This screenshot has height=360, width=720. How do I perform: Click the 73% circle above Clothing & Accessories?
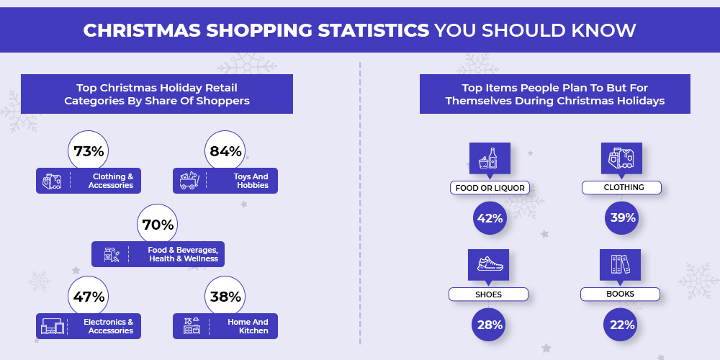[88, 151]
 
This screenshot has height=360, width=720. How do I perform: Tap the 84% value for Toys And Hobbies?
[225, 151]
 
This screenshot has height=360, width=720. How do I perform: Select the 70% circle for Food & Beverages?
[158, 225]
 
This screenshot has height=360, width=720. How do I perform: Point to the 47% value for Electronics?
[88, 297]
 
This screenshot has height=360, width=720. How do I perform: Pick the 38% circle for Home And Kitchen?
[225, 297]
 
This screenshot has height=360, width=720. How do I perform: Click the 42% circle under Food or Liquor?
[490, 218]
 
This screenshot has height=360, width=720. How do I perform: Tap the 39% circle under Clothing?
[622, 218]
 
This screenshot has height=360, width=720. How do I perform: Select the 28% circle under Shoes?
[489, 325]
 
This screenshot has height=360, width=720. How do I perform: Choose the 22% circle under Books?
[621, 325]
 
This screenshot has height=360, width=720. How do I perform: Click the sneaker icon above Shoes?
[490, 264]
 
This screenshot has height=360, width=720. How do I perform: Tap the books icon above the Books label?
[621, 264]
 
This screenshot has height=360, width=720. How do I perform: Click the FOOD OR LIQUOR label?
[490, 188]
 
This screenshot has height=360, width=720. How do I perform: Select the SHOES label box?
[488, 294]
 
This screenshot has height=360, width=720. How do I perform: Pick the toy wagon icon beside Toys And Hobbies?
[189, 181]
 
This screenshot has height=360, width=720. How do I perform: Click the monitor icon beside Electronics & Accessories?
[53, 326]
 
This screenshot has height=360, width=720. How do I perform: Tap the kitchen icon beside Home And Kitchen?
[192, 325]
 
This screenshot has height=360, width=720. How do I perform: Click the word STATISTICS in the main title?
[374, 30]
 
